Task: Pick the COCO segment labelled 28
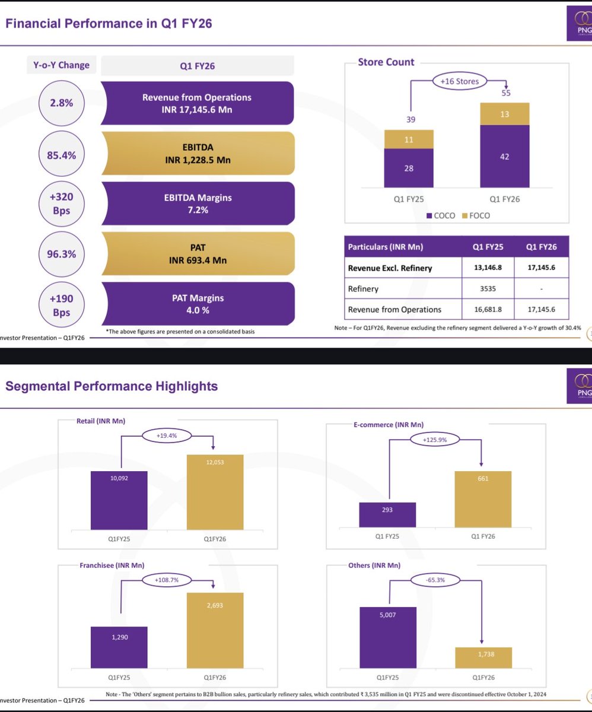(409, 169)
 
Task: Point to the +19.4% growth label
(167, 435)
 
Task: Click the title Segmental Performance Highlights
(112, 387)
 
